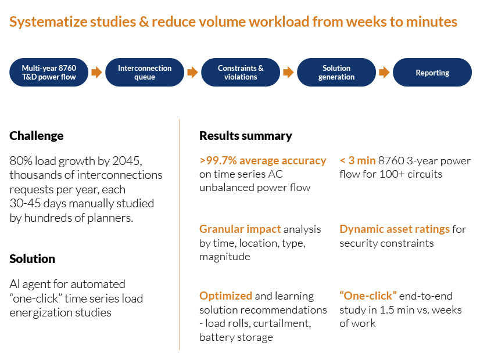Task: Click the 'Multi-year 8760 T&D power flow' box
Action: (49, 73)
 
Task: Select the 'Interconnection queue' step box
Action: (145, 73)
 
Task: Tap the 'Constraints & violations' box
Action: (241, 73)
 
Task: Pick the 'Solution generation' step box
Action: (336, 73)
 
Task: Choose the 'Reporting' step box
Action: (432, 73)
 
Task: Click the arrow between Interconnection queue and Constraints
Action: (192, 73)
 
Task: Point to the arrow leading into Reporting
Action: (384, 73)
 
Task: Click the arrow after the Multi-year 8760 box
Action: (96, 73)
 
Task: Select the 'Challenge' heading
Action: (37, 136)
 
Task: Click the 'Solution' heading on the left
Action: (33, 259)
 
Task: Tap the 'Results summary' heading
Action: (246, 136)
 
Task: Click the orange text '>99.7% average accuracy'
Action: (263, 161)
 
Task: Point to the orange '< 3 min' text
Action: (357, 161)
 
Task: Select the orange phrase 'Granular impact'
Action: (240, 229)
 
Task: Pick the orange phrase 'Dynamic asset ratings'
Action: (395, 229)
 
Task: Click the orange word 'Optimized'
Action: (226, 296)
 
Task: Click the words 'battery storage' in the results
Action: (236, 337)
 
